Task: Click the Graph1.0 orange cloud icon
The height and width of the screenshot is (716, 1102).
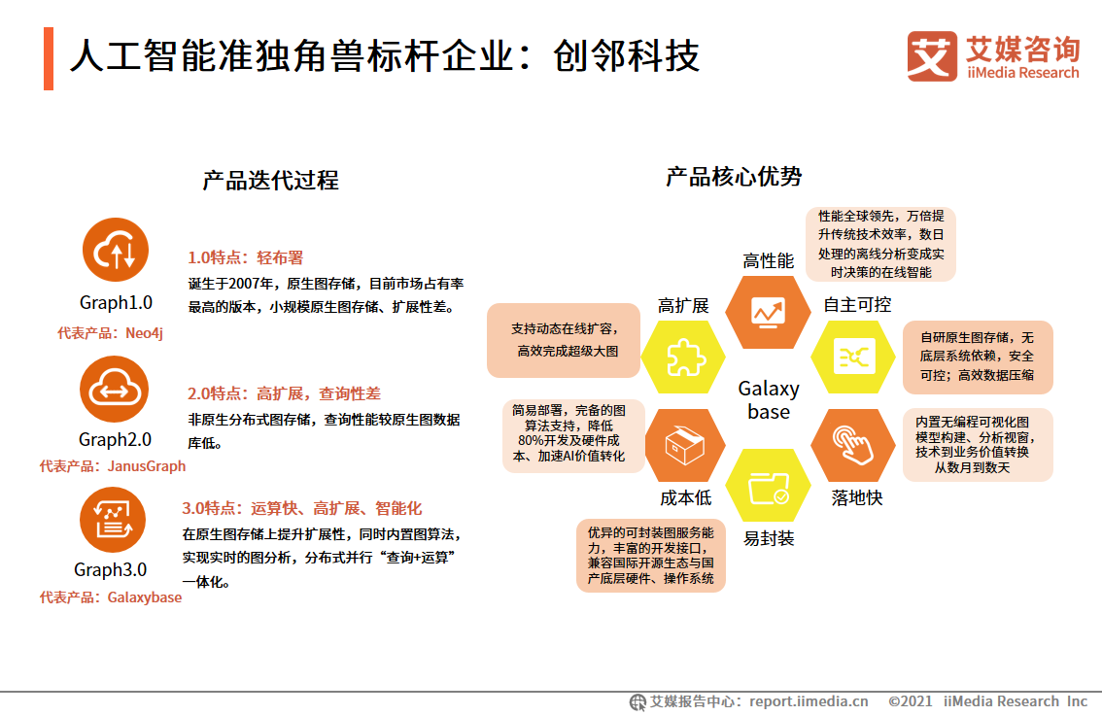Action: coord(116,251)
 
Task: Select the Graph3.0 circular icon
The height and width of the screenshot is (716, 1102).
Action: coord(113,521)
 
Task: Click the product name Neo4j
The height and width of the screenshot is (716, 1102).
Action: coord(144,332)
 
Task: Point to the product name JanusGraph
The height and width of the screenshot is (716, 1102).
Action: coord(146,465)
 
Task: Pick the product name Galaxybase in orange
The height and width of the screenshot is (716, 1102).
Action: coord(144,597)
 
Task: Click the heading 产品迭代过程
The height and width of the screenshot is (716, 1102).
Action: coord(270,181)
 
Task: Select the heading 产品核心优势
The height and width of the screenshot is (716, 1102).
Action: coord(734,177)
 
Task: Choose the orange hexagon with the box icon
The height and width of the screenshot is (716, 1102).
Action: coord(684,446)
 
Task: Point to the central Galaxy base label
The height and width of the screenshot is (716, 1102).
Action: coord(769,400)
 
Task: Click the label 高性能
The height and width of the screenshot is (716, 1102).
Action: coord(769,260)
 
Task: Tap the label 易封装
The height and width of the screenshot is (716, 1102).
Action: coord(769,538)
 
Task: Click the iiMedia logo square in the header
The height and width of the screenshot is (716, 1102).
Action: coord(932,57)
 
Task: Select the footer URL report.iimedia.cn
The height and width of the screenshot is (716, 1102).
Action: coord(809,701)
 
